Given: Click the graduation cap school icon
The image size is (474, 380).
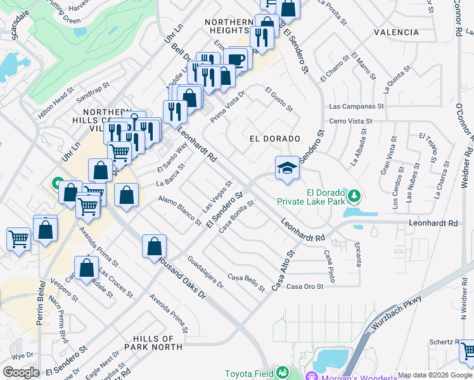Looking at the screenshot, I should (x=287, y=168).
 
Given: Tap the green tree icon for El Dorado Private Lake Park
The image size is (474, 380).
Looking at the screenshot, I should (x=355, y=193).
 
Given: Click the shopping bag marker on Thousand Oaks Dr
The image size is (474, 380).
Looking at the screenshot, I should (x=155, y=247).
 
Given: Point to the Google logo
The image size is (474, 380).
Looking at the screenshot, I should (x=21, y=372).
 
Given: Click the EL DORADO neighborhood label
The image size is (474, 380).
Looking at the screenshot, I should (x=274, y=138).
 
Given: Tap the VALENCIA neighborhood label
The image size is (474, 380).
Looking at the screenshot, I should (x=396, y=32).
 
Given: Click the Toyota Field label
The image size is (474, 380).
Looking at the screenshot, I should (x=250, y=374).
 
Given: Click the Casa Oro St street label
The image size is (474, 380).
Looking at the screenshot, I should (x=305, y=286).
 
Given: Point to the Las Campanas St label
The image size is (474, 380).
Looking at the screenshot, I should (x=357, y=106).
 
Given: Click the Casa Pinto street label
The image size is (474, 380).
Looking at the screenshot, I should (x=329, y=266).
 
